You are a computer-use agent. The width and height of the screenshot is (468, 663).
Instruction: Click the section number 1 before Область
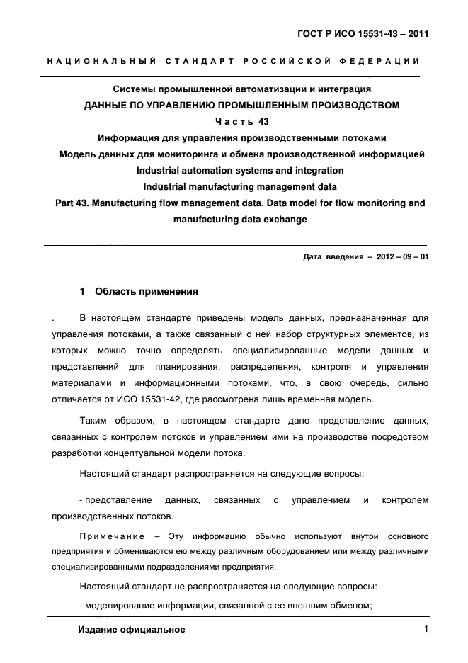tap(83, 291)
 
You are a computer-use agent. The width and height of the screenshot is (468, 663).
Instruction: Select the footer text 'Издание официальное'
tap(131, 629)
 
